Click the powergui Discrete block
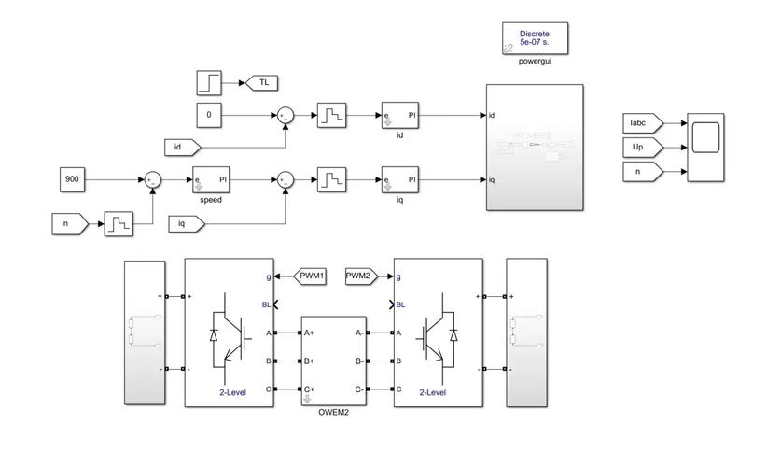pos(535,38)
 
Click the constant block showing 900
pos(72,177)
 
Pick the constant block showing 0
pos(210,115)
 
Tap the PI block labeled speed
pos(211,178)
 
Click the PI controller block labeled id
pos(399,115)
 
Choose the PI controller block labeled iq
pos(399,178)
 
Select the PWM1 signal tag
pos(309,276)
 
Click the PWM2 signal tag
pos(360,276)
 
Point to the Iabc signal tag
pos(641,122)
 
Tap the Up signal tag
pos(641,147)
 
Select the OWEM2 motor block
pos(333,361)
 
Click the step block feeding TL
pos(209,82)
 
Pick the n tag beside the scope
pos(641,171)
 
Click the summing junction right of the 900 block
pos(149,178)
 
